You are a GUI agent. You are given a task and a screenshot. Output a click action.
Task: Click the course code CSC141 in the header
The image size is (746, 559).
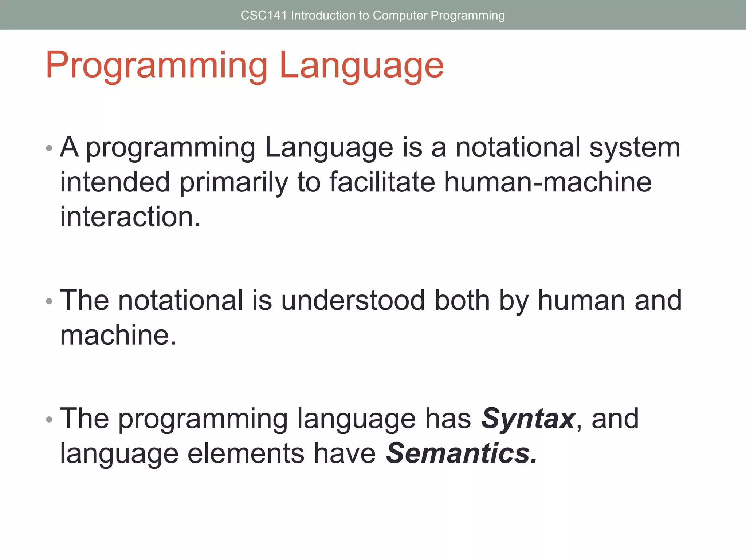click(x=264, y=16)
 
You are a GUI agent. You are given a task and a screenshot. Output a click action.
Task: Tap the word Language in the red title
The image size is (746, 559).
click(x=361, y=66)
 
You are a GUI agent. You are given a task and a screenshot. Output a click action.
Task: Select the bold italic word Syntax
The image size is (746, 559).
click(x=528, y=419)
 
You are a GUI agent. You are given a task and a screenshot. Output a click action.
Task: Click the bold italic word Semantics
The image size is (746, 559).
click(x=461, y=453)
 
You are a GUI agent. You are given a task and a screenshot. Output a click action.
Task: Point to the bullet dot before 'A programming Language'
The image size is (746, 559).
click(x=49, y=148)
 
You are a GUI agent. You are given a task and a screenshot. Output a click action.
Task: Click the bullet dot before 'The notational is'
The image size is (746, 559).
click(x=49, y=301)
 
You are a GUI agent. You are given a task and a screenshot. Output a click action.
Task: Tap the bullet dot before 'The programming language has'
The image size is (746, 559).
click(x=49, y=420)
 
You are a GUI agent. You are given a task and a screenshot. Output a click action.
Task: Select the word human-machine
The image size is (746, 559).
click(x=548, y=182)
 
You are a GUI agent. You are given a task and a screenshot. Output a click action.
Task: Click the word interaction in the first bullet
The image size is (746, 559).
click(x=130, y=217)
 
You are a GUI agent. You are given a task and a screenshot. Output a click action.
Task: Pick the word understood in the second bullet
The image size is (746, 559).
click(x=353, y=300)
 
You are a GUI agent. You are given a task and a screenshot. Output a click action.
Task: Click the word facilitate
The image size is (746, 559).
click(x=382, y=182)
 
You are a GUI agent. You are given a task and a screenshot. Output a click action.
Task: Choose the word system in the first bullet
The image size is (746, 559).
click(x=635, y=148)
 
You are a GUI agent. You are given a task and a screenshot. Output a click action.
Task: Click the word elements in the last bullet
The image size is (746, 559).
click(x=246, y=453)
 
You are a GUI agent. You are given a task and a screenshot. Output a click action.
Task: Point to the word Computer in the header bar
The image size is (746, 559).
click(x=400, y=16)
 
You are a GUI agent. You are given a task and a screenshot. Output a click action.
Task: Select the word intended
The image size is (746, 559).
click(x=115, y=182)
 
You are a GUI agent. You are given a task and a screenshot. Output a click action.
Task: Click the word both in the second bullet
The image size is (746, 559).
click(x=462, y=300)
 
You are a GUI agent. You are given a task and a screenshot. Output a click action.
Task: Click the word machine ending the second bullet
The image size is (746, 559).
click(x=118, y=335)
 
